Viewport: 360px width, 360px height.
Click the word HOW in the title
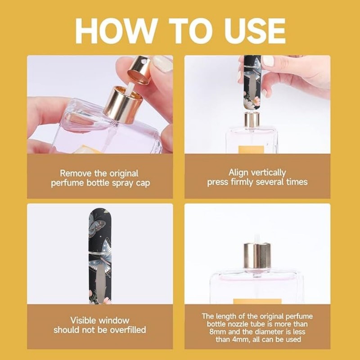[117, 31]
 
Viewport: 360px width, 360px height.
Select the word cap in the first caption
[143, 184]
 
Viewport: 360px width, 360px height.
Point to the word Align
[238, 173]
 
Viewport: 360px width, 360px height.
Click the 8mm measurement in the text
[217, 332]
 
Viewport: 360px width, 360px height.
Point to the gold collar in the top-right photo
[252, 120]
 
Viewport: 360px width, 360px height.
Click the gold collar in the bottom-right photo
[257, 256]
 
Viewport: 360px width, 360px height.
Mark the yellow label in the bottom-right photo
[257, 301]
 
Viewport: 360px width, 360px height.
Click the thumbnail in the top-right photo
[268, 61]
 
